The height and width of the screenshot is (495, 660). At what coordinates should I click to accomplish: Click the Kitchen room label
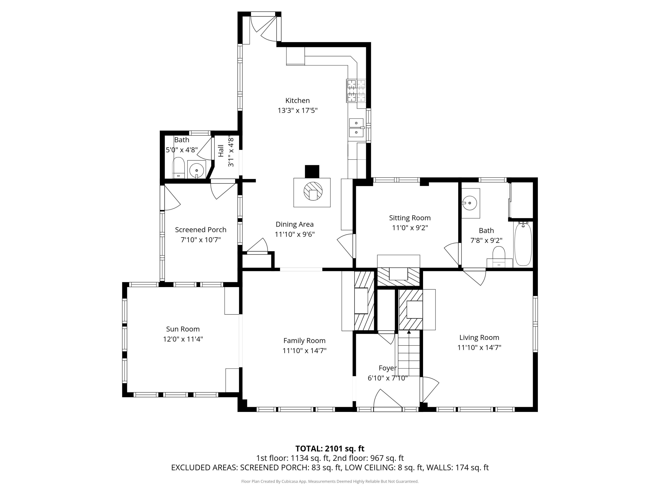pos(297,101)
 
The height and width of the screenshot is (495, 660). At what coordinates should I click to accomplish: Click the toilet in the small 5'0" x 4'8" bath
pos(178,168)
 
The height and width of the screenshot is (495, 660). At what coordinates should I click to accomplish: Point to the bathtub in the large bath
pos(523,244)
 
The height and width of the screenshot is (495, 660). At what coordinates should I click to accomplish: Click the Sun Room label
pos(183,329)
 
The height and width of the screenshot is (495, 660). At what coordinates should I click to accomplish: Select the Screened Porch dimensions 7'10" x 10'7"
pos(201,240)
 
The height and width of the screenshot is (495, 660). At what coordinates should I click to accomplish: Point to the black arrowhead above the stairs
pos(409,332)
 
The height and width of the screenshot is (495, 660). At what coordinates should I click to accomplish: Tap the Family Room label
pos(304,341)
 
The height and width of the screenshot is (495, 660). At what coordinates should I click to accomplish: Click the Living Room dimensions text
pos(479,348)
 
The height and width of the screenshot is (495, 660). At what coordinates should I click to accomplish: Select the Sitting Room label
pos(410,218)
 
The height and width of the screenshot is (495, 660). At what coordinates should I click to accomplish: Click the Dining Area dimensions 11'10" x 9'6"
pos(295,234)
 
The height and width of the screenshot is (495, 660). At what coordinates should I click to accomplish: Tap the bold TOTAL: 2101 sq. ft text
pos(330,449)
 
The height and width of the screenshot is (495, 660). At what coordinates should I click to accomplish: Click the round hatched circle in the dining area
pos(313,191)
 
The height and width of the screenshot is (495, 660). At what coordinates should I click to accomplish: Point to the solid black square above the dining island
pos(312,172)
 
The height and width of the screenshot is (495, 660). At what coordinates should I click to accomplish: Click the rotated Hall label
pos(221,151)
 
